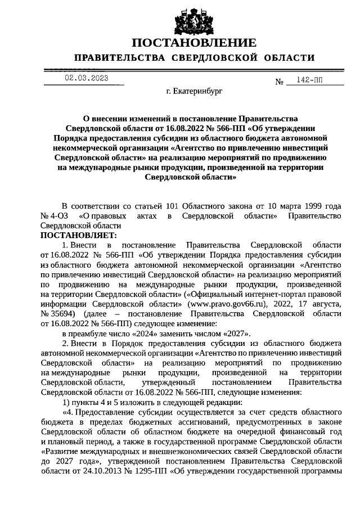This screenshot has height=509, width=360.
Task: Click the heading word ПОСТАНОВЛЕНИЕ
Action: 193,43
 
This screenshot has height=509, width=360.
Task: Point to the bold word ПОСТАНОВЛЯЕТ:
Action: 78,235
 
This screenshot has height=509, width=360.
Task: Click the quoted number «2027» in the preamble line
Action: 234,334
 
